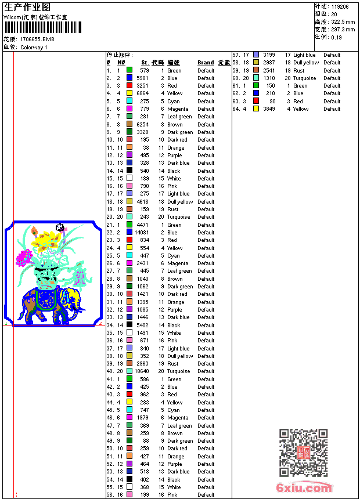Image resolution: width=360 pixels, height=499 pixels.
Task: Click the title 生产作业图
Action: (27, 7)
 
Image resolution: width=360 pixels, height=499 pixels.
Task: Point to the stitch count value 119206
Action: (340, 7)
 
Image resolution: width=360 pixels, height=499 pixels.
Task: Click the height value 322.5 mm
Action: (343, 21)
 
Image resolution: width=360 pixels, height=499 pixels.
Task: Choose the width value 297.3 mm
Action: (343, 29)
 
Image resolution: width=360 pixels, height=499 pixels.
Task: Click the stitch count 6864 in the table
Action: (143, 93)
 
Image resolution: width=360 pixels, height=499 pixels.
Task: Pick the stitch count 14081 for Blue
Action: (142, 233)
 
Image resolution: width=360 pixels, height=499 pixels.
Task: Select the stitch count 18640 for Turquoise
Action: (142, 371)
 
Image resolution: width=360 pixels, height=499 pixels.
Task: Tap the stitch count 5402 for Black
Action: (143, 326)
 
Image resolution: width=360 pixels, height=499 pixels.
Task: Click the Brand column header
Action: (206, 63)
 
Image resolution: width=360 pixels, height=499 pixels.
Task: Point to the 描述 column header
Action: (174, 63)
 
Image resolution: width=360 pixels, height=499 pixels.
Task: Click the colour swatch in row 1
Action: (129, 70)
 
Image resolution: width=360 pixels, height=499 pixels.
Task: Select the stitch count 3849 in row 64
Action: (269, 109)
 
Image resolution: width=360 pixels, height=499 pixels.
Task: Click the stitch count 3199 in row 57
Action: (269, 55)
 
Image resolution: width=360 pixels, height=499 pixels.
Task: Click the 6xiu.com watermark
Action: (304, 488)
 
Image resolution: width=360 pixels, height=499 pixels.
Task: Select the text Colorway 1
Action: (34, 48)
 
